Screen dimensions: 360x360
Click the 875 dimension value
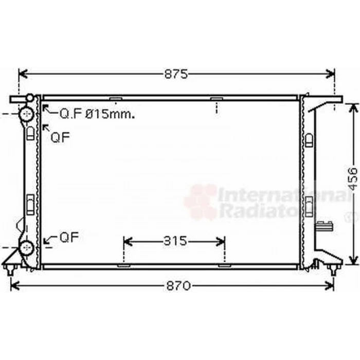click(x=176, y=74)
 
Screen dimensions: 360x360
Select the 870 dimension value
click(x=179, y=286)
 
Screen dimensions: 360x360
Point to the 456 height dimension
click(x=353, y=179)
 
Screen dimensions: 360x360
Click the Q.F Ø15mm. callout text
click(x=97, y=114)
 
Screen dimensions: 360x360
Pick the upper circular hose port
click(x=27, y=114)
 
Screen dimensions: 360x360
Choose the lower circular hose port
click(x=27, y=247)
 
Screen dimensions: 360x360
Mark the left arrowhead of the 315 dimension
click(x=128, y=241)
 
